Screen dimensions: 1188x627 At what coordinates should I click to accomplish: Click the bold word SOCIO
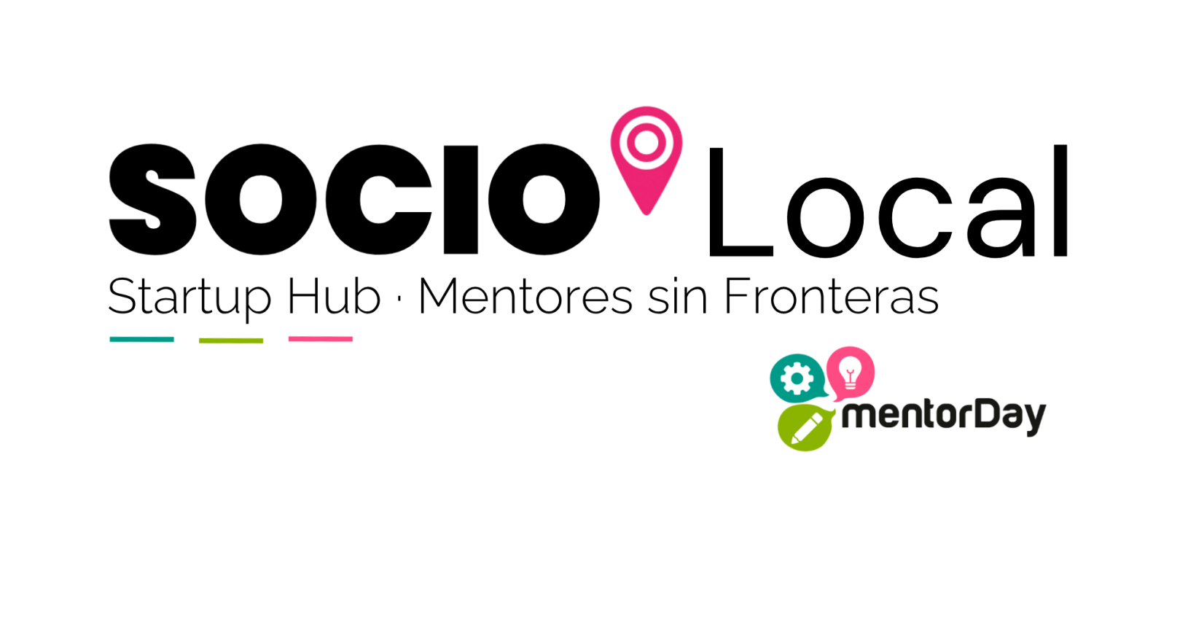354,199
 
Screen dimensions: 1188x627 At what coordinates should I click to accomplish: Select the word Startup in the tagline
189,298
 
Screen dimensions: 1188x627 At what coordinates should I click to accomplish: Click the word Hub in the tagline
334,296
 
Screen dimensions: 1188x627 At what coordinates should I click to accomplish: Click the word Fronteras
832,296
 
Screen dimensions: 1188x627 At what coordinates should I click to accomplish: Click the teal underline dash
141,340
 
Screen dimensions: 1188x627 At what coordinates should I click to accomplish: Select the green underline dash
231,340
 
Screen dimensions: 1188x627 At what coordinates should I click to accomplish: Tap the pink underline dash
321,339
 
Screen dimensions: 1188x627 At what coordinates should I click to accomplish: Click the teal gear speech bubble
797,378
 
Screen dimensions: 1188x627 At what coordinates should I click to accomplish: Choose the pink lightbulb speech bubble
850,371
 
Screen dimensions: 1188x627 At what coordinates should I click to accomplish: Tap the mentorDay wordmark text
944,416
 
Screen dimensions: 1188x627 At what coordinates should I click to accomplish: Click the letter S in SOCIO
153,199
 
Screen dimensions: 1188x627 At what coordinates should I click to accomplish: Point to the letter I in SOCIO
461,200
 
